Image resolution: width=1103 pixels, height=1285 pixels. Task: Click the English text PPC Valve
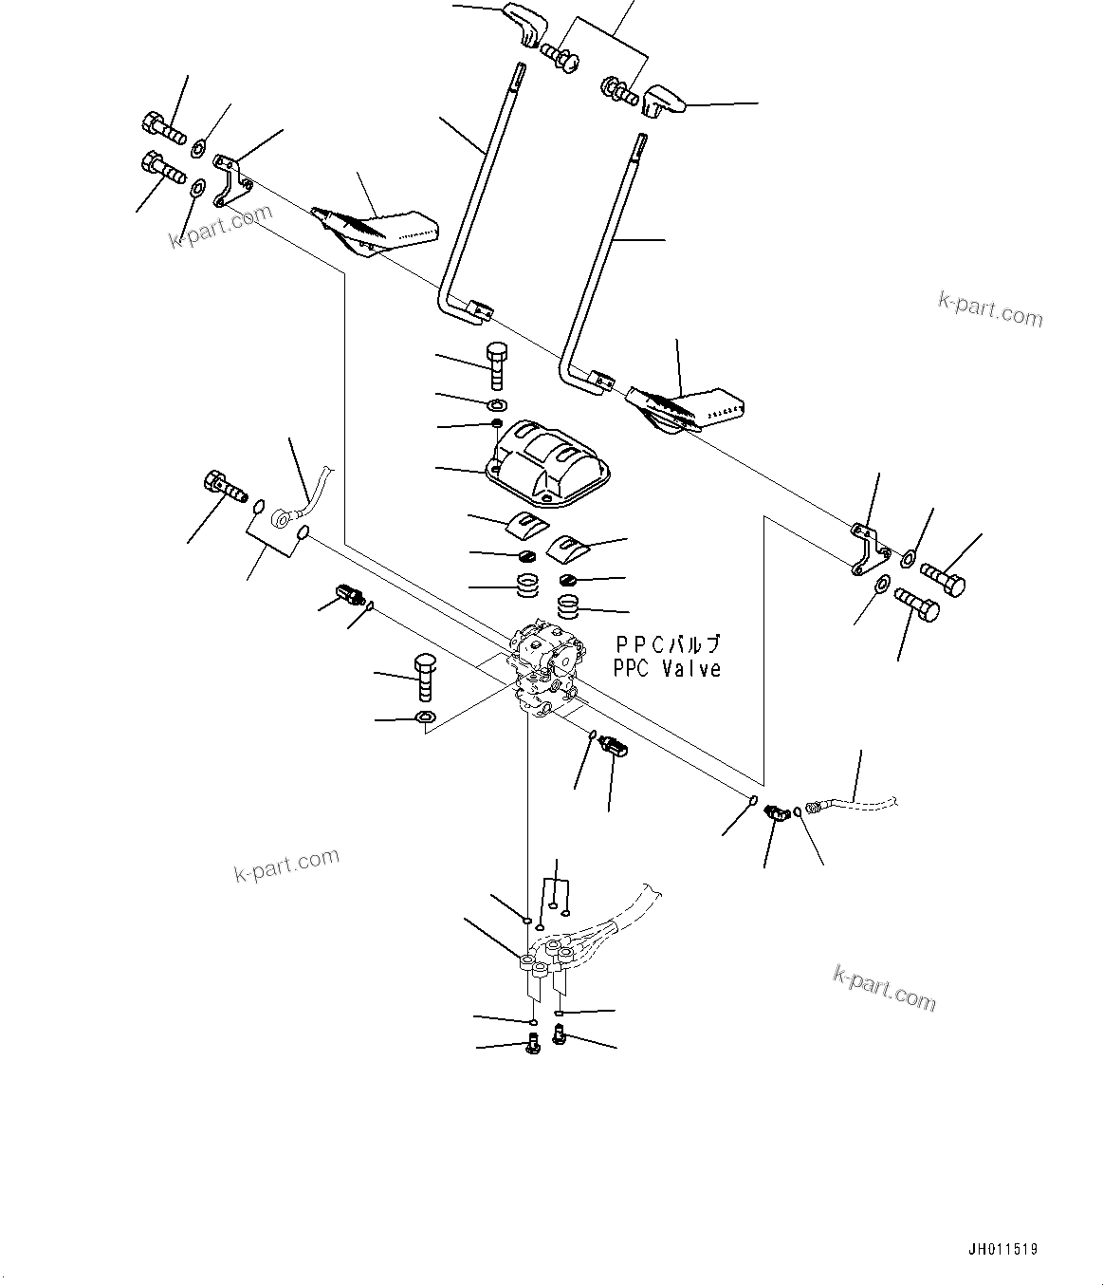pyautogui.click(x=667, y=669)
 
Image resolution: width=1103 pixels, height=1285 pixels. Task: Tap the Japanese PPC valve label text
pyautogui.click(x=667, y=644)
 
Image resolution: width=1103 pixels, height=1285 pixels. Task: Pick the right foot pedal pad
pyautogui.click(x=687, y=406)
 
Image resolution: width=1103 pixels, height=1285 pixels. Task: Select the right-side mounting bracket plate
pyautogui.click(x=865, y=548)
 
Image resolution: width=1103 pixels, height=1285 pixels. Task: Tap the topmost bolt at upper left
pyautogui.click(x=163, y=127)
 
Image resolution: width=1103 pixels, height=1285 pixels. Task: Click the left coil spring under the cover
pyautogui.click(x=528, y=587)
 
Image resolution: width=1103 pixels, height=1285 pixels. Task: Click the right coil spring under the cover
pyautogui.click(x=570, y=604)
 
